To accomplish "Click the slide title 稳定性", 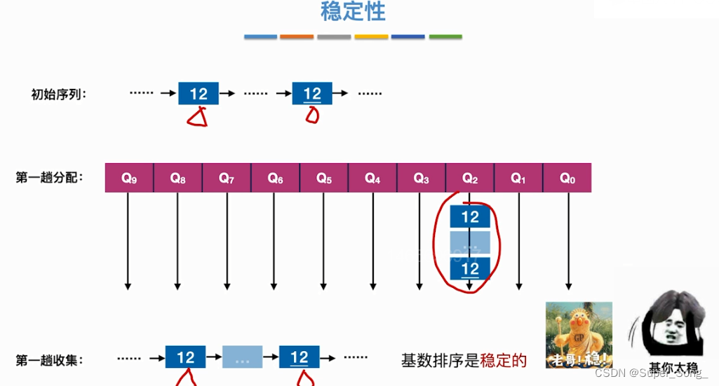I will (x=353, y=12).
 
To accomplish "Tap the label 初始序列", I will (x=59, y=94).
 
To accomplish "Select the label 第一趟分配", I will (x=49, y=178).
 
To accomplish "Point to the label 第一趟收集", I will (x=49, y=360).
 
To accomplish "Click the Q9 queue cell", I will (x=129, y=178).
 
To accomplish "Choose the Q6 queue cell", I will (x=276, y=178).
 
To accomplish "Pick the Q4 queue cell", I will (x=372, y=178).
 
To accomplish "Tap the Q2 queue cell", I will (x=470, y=178).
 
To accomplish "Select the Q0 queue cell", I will (x=567, y=178).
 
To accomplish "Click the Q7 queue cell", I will (x=227, y=178).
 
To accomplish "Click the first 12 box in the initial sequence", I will (x=199, y=93).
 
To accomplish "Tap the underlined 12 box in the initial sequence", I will (x=312, y=93).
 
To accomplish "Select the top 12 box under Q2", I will (x=470, y=216).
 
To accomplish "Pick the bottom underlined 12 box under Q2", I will (x=470, y=268).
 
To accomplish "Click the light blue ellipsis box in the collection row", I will (x=242, y=357).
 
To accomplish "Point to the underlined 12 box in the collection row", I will (x=300, y=357).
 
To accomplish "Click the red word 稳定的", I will (x=503, y=361).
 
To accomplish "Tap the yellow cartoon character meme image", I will (x=579, y=335).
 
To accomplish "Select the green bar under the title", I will (x=445, y=36).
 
